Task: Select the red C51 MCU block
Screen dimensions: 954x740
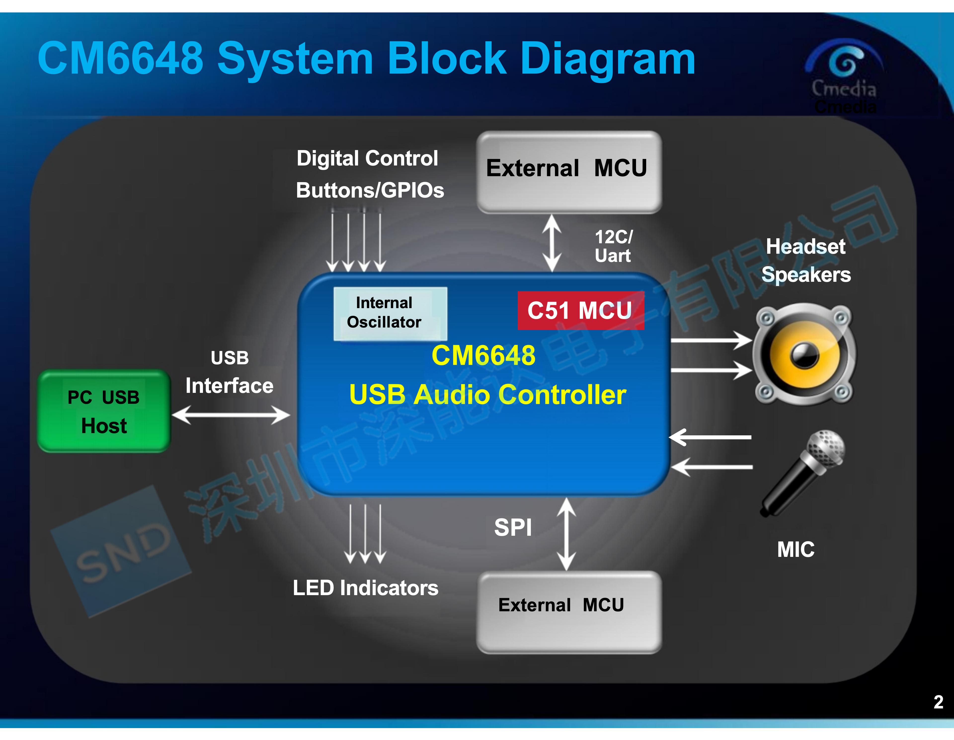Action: tap(581, 311)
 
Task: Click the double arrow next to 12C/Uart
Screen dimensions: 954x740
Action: tap(552, 243)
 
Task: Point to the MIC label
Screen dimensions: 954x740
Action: tap(796, 550)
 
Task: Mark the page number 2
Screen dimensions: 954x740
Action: tap(938, 702)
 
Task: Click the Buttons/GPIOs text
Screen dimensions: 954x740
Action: tap(370, 190)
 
